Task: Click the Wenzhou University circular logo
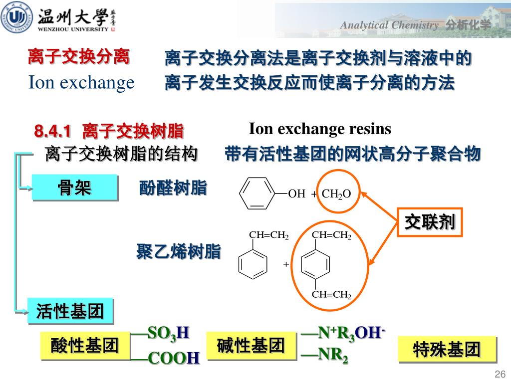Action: pos(16,17)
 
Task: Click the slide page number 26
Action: pos(500,374)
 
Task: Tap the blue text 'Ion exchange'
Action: pos(81,83)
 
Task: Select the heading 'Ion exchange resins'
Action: pos(320,129)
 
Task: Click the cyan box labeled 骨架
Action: pos(75,188)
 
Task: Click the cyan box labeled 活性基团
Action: pos(70,311)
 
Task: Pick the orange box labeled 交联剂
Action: pos(430,222)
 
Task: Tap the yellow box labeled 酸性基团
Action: pos(85,346)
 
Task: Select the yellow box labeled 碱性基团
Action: pos(252,346)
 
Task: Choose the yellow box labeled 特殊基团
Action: pos(447,350)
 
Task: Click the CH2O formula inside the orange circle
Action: pos(336,194)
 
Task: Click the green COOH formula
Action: pos(173,358)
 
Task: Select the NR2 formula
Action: pos(333,355)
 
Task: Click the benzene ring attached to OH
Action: pos(257,193)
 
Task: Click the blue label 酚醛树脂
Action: pos(173,188)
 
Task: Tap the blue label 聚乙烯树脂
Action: pos(179,251)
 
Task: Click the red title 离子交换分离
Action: pos(79,56)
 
